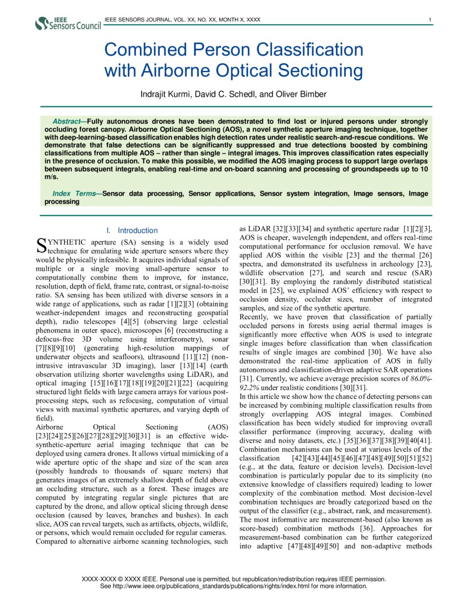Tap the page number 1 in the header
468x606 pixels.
click(x=429, y=20)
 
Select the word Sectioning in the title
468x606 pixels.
click(x=320, y=71)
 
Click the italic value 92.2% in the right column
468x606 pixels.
click(x=251, y=388)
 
